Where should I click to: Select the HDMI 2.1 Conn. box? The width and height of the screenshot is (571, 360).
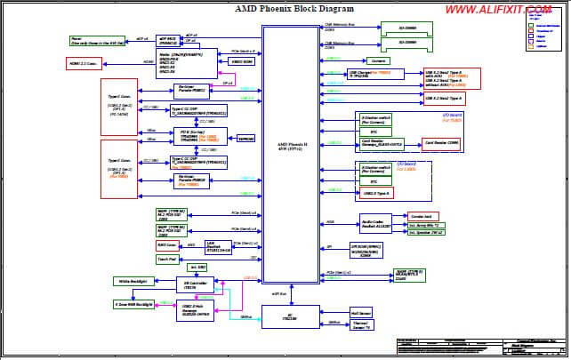(85, 63)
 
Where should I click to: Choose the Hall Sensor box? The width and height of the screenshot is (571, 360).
(360, 313)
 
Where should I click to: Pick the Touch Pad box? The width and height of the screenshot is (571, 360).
(166, 260)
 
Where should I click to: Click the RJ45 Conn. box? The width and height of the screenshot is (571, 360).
(166, 244)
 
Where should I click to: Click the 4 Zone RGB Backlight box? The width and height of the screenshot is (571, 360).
(133, 304)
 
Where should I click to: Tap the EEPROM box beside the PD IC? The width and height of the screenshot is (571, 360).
(245, 139)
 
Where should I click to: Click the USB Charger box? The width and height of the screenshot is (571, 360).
(366, 74)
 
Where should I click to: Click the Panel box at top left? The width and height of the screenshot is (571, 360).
(93, 41)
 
